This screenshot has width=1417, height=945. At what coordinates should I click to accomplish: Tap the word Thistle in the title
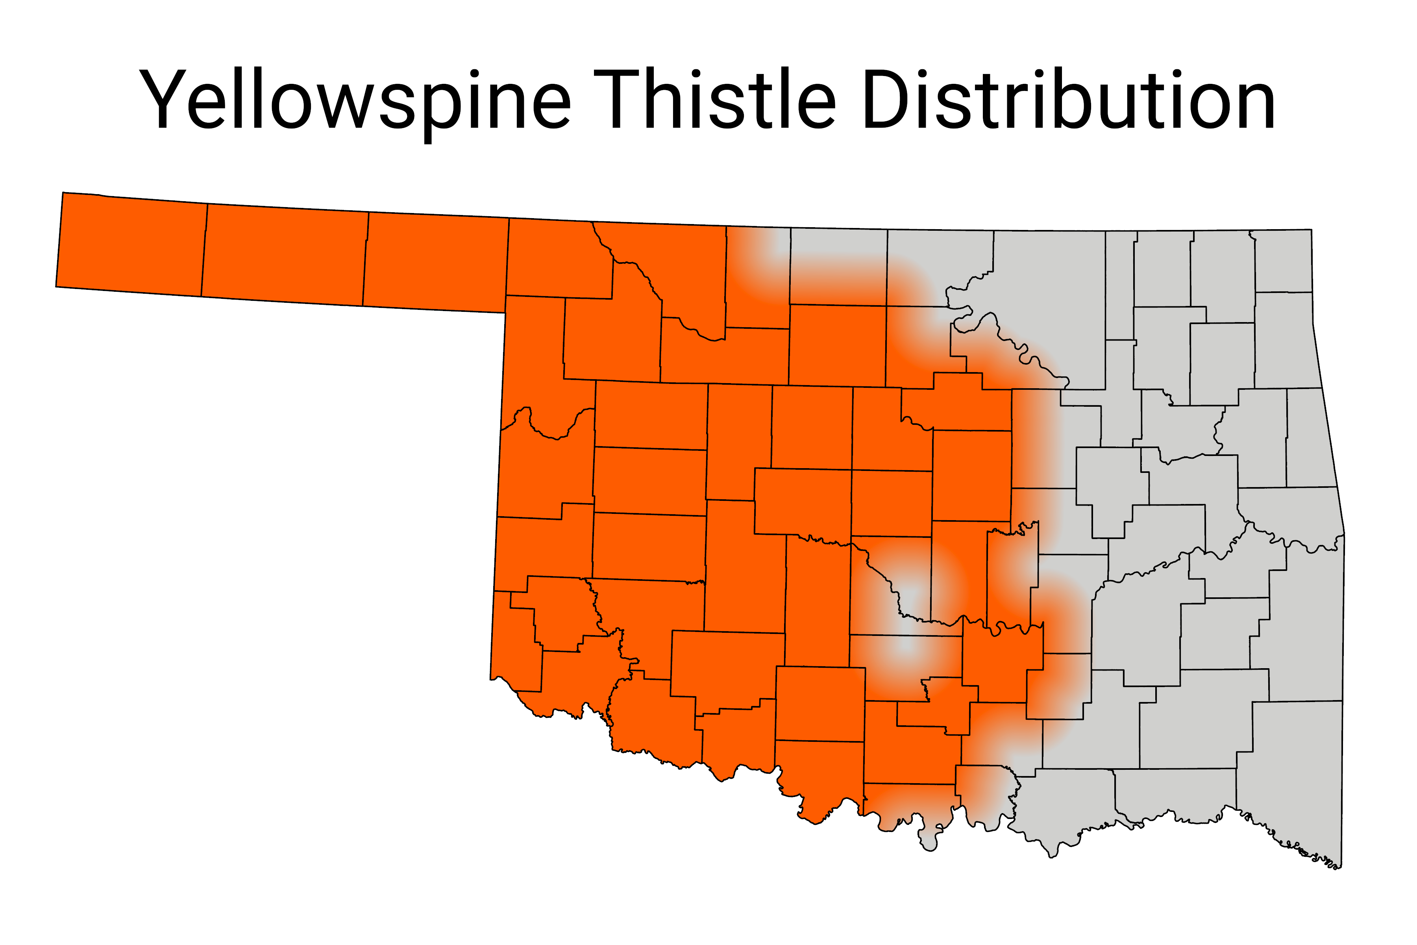click(714, 100)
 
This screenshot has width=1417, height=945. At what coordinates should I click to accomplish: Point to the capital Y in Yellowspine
click(163, 100)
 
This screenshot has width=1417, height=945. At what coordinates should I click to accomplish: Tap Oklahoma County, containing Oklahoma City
click(892, 503)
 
